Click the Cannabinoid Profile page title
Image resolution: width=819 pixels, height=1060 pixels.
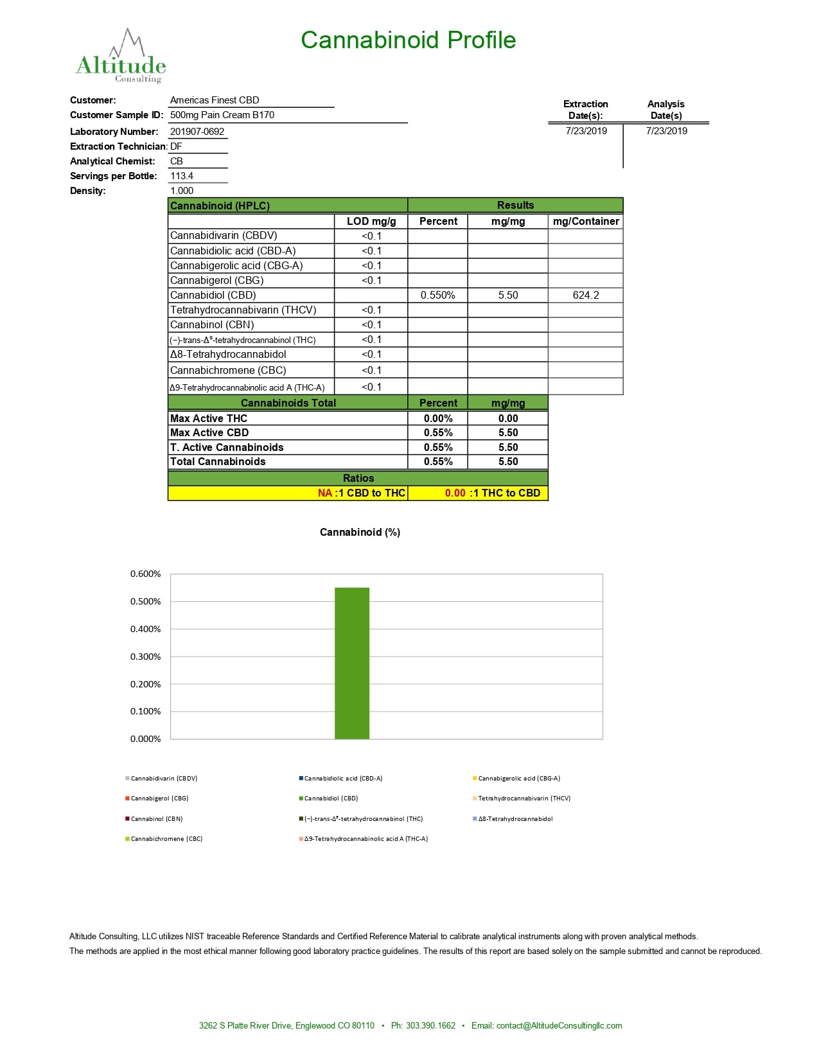tap(408, 40)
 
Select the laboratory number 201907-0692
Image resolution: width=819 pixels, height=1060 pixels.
tap(197, 132)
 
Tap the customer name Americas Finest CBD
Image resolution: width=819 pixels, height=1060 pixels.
tap(215, 100)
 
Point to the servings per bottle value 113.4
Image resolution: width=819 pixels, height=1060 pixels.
tap(182, 176)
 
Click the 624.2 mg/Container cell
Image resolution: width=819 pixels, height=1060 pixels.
tap(585, 296)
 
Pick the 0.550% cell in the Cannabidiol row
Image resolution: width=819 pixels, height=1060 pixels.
tap(437, 296)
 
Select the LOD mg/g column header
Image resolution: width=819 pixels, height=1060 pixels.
tap(371, 221)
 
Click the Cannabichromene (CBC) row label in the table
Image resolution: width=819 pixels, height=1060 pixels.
tap(228, 370)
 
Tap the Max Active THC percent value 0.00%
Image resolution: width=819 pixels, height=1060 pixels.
tap(437, 418)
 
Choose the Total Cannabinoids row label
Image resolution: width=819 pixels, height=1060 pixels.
tap(218, 461)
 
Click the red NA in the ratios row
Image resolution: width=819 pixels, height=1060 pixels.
tap(325, 493)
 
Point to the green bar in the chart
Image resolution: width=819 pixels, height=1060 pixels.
tap(352, 663)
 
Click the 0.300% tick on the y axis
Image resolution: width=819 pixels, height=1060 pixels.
tap(146, 657)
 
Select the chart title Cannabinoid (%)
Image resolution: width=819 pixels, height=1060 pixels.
tap(360, 532)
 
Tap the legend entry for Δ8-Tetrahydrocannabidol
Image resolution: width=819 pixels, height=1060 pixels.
tap(515, 818)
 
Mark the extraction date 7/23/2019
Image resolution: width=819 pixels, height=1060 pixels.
tap(586, 131)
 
